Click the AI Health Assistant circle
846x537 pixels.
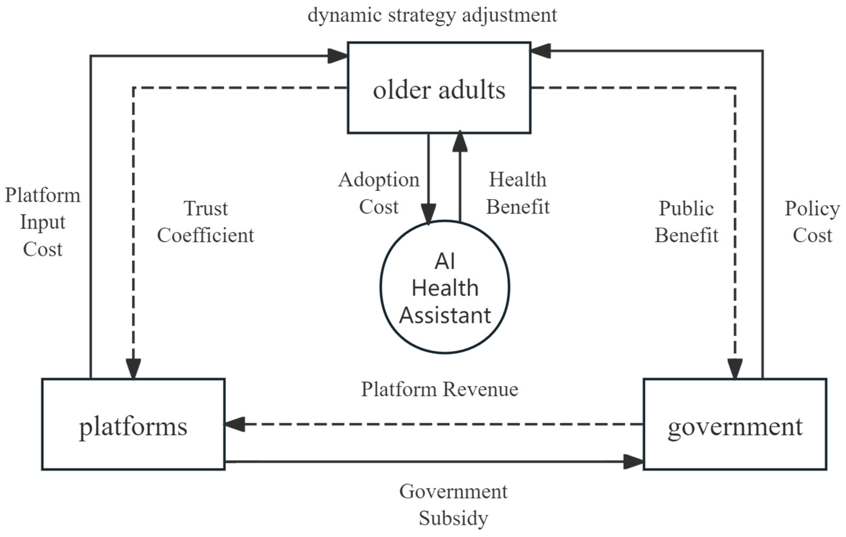[445, 287]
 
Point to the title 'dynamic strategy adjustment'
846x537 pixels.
[432, 16]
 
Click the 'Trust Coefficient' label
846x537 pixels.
[205, 222]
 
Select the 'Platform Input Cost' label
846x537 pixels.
[43, 222]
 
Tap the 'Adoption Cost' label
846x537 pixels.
[379, 193]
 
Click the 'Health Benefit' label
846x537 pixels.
[518, 193]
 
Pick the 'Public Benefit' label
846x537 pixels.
[687, 222]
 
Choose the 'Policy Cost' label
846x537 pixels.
[812, 222]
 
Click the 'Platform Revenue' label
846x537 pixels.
[439, 389]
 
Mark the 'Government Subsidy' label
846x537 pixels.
[453, 504]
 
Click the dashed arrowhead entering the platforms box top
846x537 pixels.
[133, 369]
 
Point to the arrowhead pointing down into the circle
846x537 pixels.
[429, 214]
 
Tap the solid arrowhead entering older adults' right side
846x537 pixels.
[540, 51]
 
